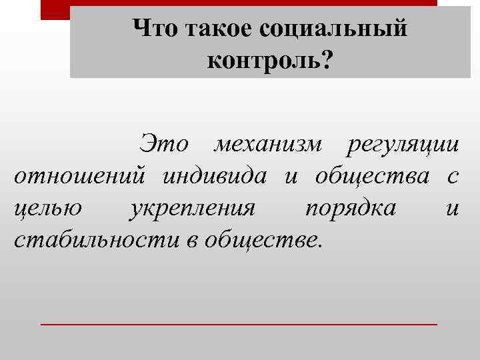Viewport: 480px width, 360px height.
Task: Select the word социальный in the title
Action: tap(331, 29)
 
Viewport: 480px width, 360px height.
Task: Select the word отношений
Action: tap(80, 177)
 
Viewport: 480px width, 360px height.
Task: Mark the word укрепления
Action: tap(193, 209)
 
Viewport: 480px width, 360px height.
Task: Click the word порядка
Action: tap(349, 209)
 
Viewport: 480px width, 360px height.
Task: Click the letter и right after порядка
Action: tap(452, 209)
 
